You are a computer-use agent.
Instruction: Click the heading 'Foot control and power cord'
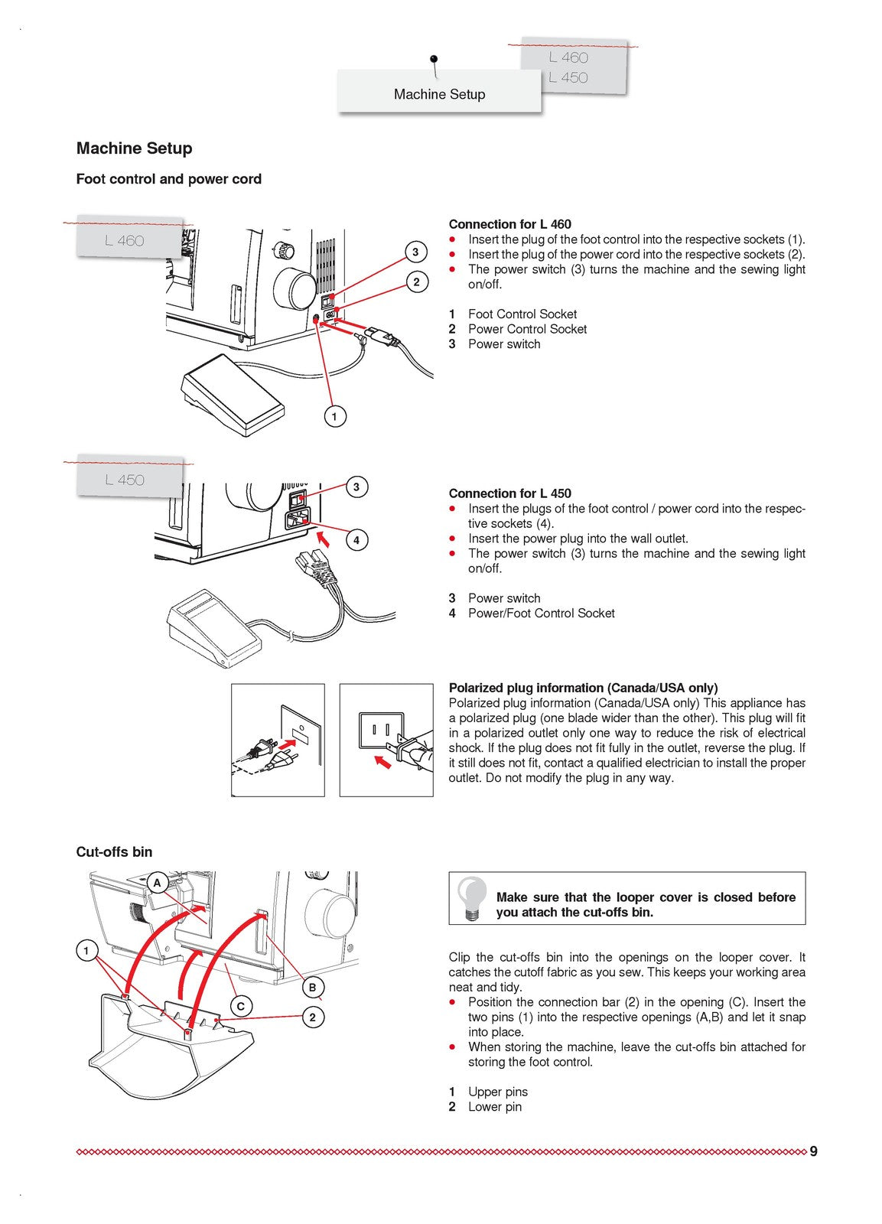coord(168,179)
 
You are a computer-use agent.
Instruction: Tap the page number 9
coord(813,1151)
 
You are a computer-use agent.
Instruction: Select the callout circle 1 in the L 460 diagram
coord(334,417)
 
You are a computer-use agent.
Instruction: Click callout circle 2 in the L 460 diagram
coord(416,282)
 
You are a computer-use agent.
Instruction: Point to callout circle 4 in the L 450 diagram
coord(356,540)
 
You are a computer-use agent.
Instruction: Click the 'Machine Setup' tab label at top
coord(439,94)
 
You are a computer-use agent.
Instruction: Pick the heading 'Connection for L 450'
coord(509,493)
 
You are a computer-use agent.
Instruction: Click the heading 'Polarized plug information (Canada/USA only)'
coord(583,688)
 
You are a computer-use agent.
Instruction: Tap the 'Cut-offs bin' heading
coord(114,851)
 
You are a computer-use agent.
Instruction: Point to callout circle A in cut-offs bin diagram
coord(158,883)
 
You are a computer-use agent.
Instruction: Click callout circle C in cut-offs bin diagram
coord(241,1006)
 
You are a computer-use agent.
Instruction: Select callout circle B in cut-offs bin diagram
coord(312,987)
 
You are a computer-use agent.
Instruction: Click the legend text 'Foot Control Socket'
coord(522,314)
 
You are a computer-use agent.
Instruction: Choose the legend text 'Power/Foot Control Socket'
coord(541,613)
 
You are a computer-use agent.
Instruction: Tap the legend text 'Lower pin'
coord(494,1106)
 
